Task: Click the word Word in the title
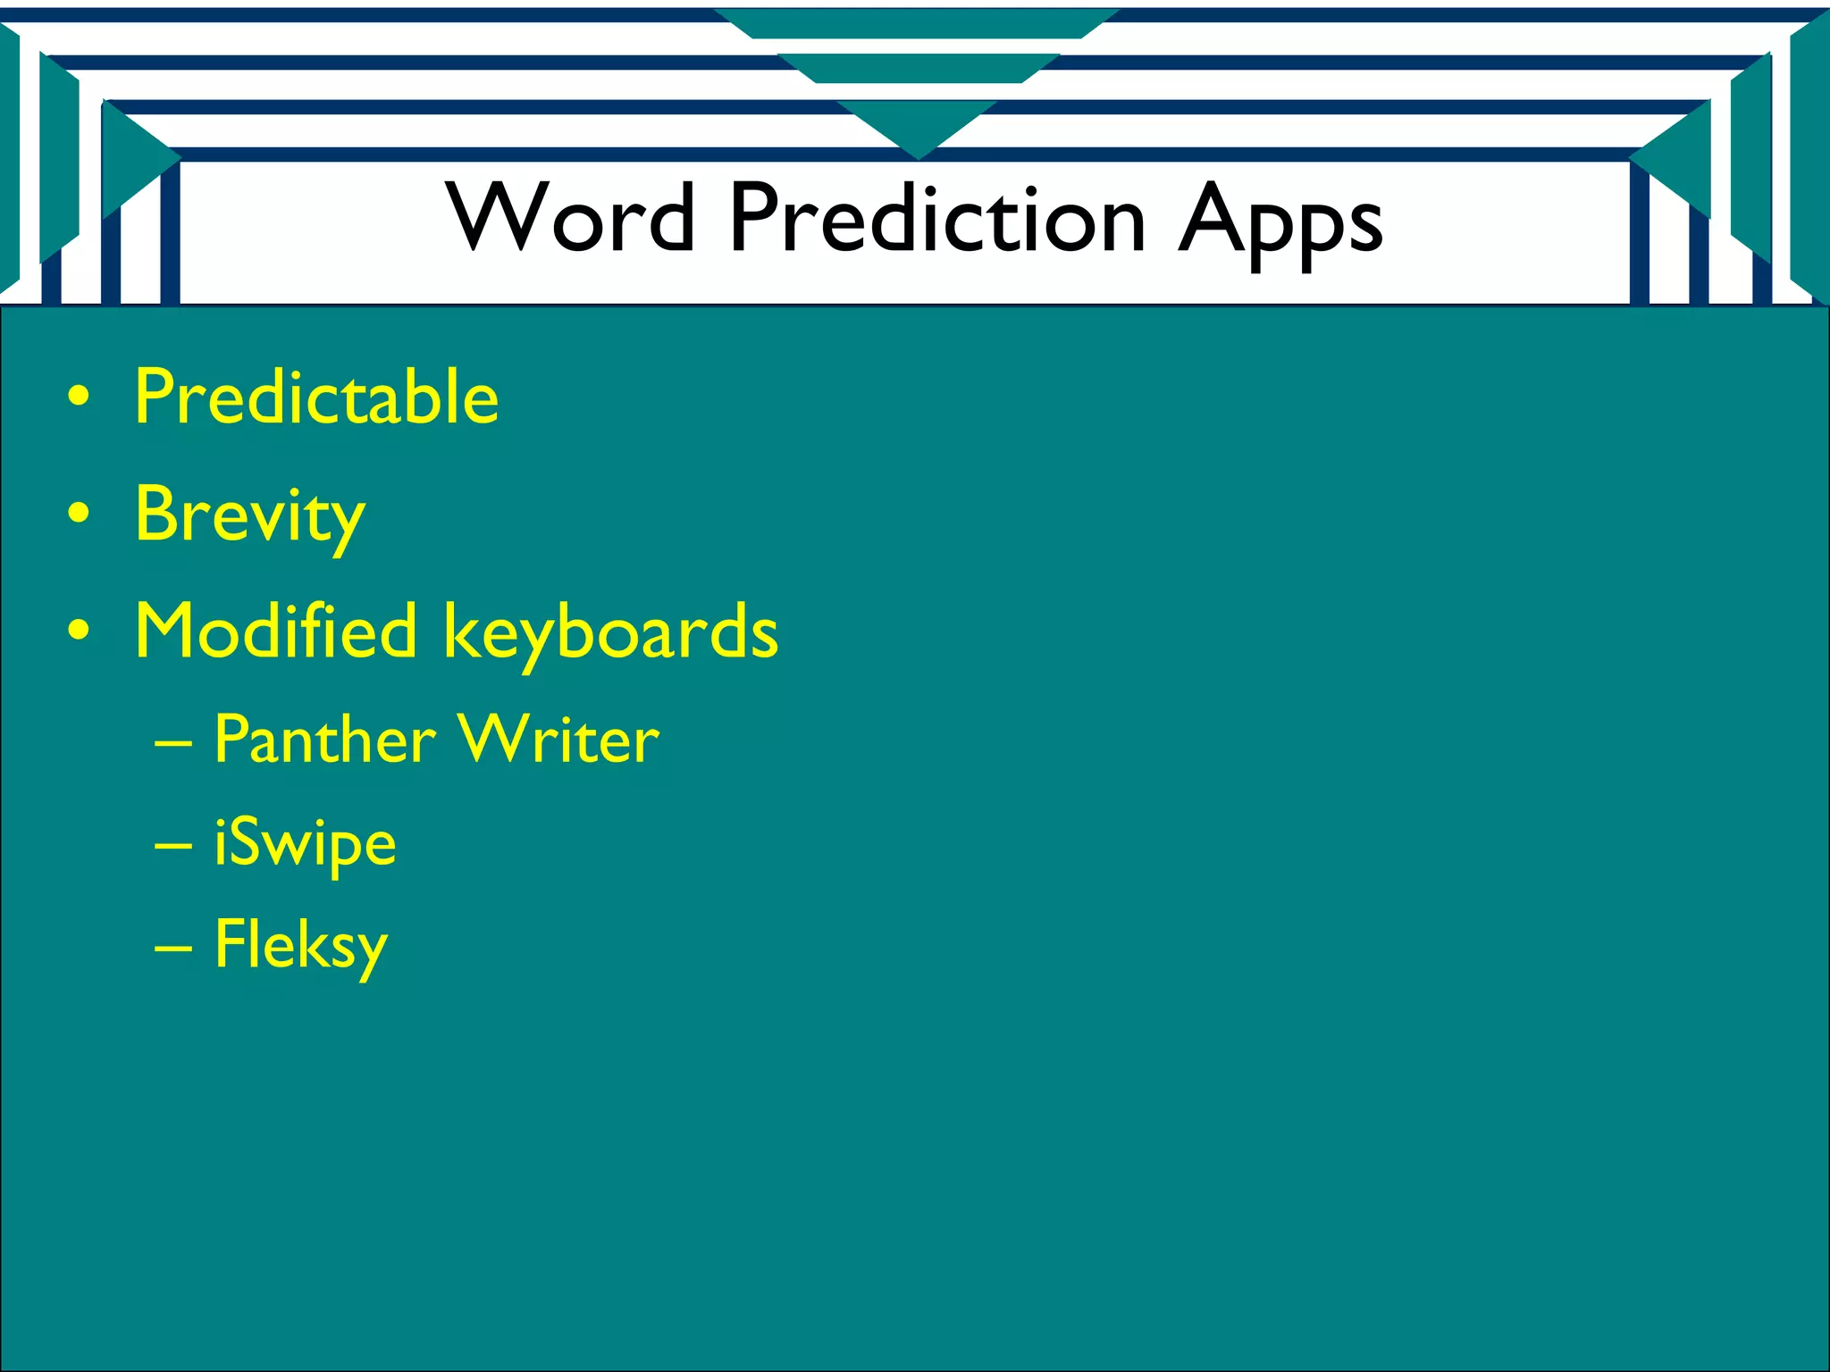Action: pos(572,217)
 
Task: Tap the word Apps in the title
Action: pos(1280,222)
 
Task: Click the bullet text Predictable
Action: pos(316,397)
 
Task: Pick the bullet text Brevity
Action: pos(250,515)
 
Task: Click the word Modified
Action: pos(275,631)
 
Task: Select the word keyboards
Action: pos(611,634)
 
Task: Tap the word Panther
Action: pos(325,740)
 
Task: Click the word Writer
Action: pos(559,740)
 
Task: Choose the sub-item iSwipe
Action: pos(305,844)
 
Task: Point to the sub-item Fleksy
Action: pos(301,947)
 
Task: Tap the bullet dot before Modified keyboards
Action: pos(79,631)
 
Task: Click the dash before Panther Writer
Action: pos(172,741)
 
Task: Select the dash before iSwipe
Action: pos(172,843)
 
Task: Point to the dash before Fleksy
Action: pos(172,947)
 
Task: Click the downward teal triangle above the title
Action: pos(917,125)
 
